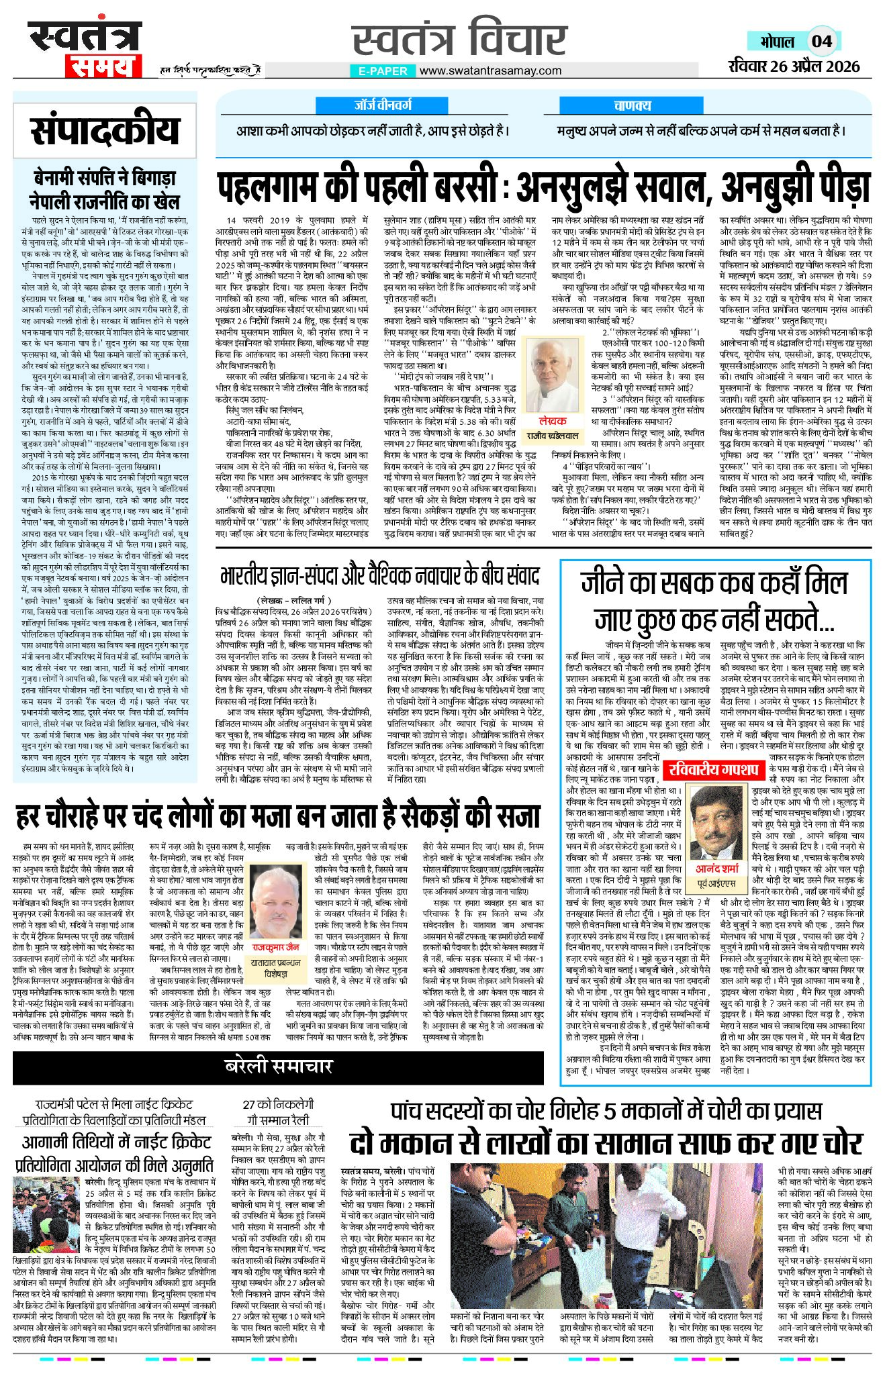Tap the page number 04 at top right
pyautogui.click(x=821, y=41)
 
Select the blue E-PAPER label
pyautogui.click(x=382, y=70)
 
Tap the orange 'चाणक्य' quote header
pyautogui.click(x=632, y=105)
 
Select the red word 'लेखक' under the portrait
pyautogui.click(x=553, y=420)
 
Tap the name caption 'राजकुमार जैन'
pyautogui.click(x=275, y=947)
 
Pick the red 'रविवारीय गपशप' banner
pyautogui.click(x=712, y=769)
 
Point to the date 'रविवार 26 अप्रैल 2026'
pyautogui.click(x=794, y=66)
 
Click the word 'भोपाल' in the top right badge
pyautogui.click(x=777, y=42)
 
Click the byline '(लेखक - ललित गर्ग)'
pyautogui.click(x=293, y=599)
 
